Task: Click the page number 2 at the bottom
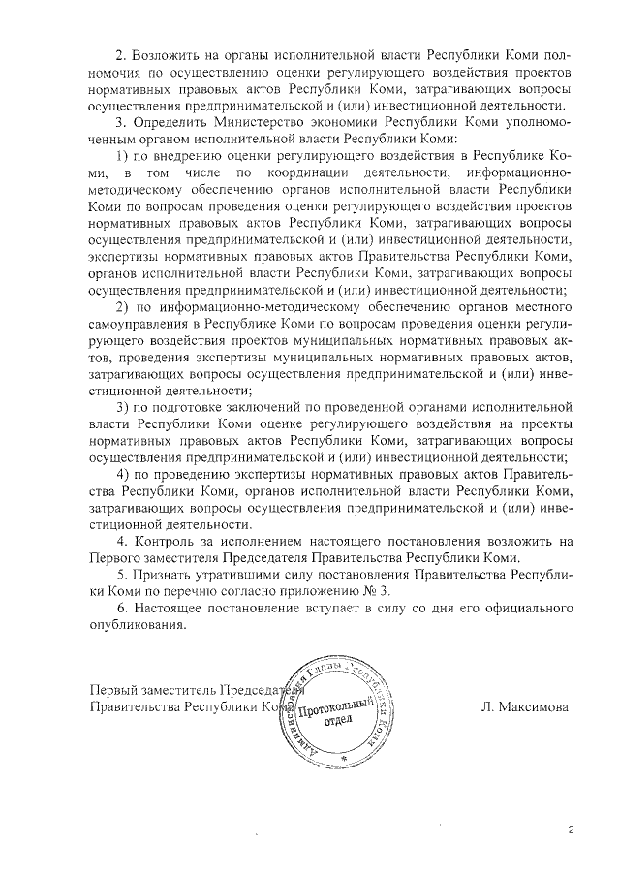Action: pyautogui.click(x=572, y=830)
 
